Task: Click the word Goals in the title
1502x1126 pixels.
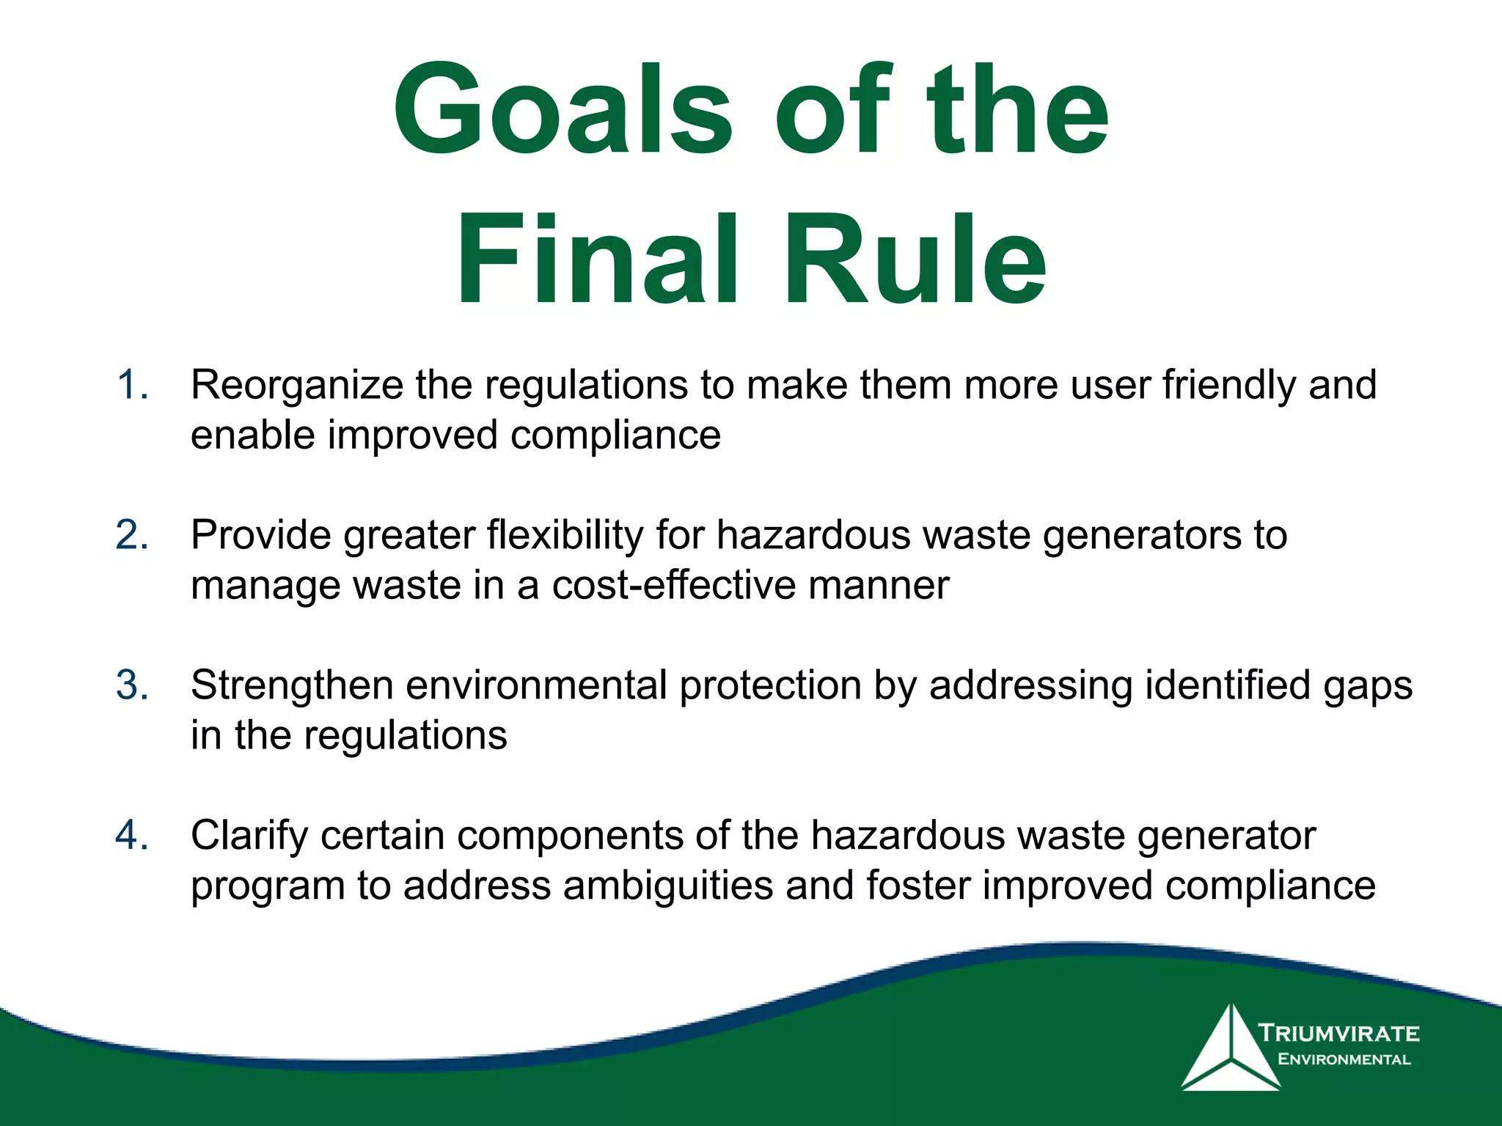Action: coord(563,110)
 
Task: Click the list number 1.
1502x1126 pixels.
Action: coord(132,385)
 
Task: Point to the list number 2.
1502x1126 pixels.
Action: coord(132,535)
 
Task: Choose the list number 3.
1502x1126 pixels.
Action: coord(132,685)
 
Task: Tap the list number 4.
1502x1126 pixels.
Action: coord(132,836)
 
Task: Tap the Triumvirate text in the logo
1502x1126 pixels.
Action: coord(1339,1034)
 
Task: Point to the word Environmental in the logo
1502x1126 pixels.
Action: coord(1344,1059)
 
